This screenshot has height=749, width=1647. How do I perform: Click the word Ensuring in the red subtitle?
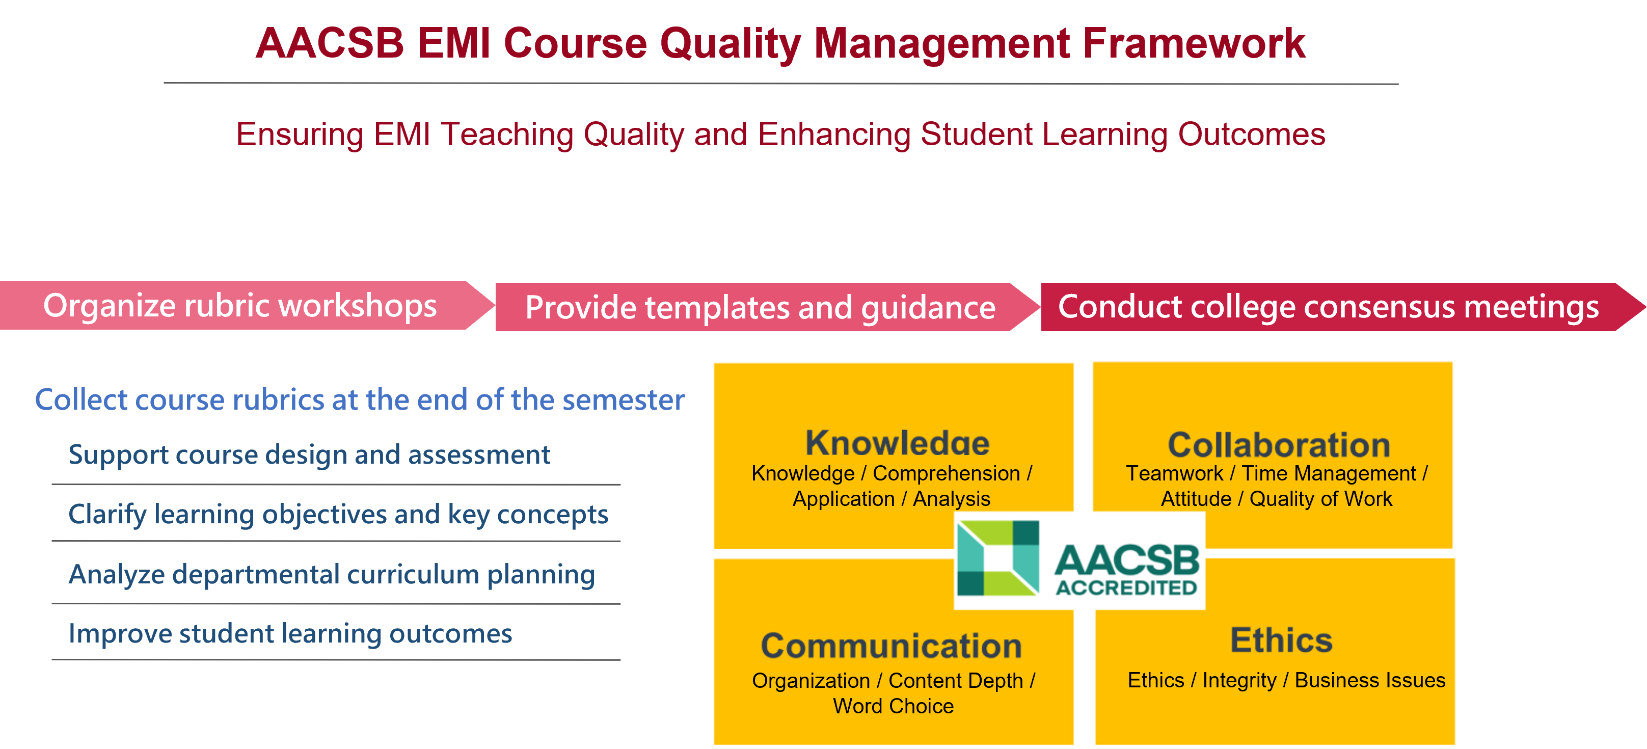(x=299, y=135)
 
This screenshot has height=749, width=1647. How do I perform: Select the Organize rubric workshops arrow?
(x=240, y=306)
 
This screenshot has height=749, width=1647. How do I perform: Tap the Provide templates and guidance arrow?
(x=760, y=308)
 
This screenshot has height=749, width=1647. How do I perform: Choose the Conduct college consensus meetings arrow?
(x=1328, y=307)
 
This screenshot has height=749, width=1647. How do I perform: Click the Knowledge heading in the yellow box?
(x=897, y=443)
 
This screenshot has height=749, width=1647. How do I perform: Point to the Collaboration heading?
(x=1279, y=444)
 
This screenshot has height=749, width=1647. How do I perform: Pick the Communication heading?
(x=892, y=646)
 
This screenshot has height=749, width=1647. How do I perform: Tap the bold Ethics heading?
(x=1281, y=639)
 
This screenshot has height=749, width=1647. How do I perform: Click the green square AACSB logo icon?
(x=997, y=558)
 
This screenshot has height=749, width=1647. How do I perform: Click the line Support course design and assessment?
(x=309, y=455)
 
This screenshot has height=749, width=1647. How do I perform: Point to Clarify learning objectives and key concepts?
(x=338, y=514)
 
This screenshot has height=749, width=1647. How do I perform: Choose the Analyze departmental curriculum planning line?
(x=331, y=574)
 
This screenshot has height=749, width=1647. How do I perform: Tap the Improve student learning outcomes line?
(x=290, y=634)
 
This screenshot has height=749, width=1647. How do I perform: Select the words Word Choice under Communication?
(x=893, y=706)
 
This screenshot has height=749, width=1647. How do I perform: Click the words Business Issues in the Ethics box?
(x=1369, y=680)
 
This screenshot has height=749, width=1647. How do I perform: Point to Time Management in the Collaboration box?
(x=1329, y=473)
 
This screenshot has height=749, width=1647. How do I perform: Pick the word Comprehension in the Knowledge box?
(x=946, y=473)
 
